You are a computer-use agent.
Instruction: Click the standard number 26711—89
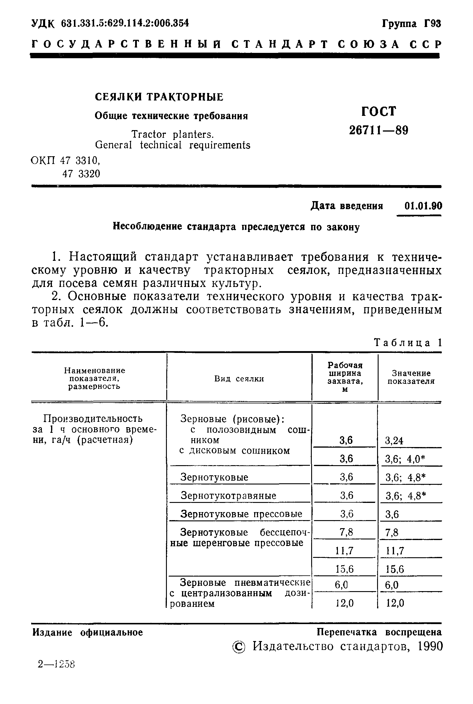point(379,130)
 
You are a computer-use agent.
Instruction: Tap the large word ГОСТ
point(379,111)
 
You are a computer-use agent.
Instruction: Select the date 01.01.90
point(423,206)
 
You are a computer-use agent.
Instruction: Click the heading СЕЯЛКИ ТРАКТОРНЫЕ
point(159,97)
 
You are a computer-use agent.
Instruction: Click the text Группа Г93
point(412,23)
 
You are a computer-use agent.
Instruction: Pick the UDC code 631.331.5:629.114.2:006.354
point(125,23)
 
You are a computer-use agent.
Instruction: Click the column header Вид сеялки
point(239,379)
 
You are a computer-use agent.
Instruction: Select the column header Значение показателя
point(411,377)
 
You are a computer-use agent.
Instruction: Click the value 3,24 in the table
point(394,441)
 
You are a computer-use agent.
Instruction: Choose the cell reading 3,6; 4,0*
point(405,459)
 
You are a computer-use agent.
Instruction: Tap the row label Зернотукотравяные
point(228,495)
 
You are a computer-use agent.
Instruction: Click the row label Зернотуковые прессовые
point(241,514)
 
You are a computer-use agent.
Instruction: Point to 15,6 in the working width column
point(344,569)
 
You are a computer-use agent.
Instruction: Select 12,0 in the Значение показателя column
point(395,603)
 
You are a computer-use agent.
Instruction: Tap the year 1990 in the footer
point(430,646)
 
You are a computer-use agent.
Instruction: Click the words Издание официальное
point(88,632)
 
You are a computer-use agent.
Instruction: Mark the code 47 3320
point(81,174)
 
